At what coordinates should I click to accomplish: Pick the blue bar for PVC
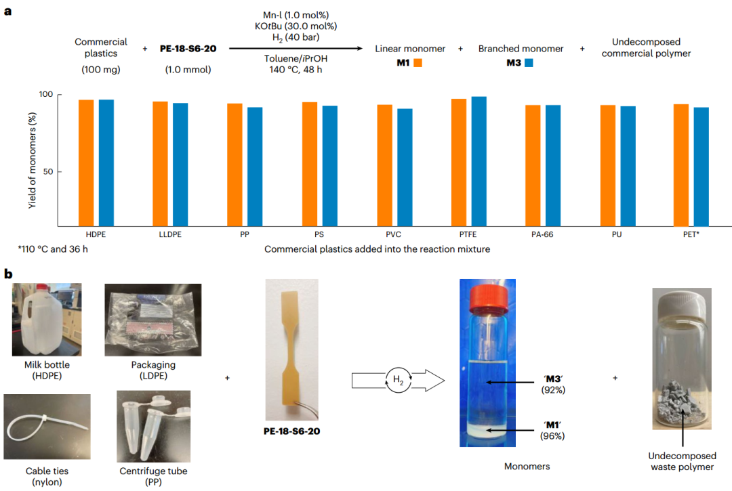[x=405, y=167]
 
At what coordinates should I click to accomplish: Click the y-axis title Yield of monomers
[x=32, y=160]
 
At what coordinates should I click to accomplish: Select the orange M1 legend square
[x=418, y=63]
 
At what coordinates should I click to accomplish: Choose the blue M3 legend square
[x=529, y=63]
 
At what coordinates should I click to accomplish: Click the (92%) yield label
[x=554, y=390]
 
